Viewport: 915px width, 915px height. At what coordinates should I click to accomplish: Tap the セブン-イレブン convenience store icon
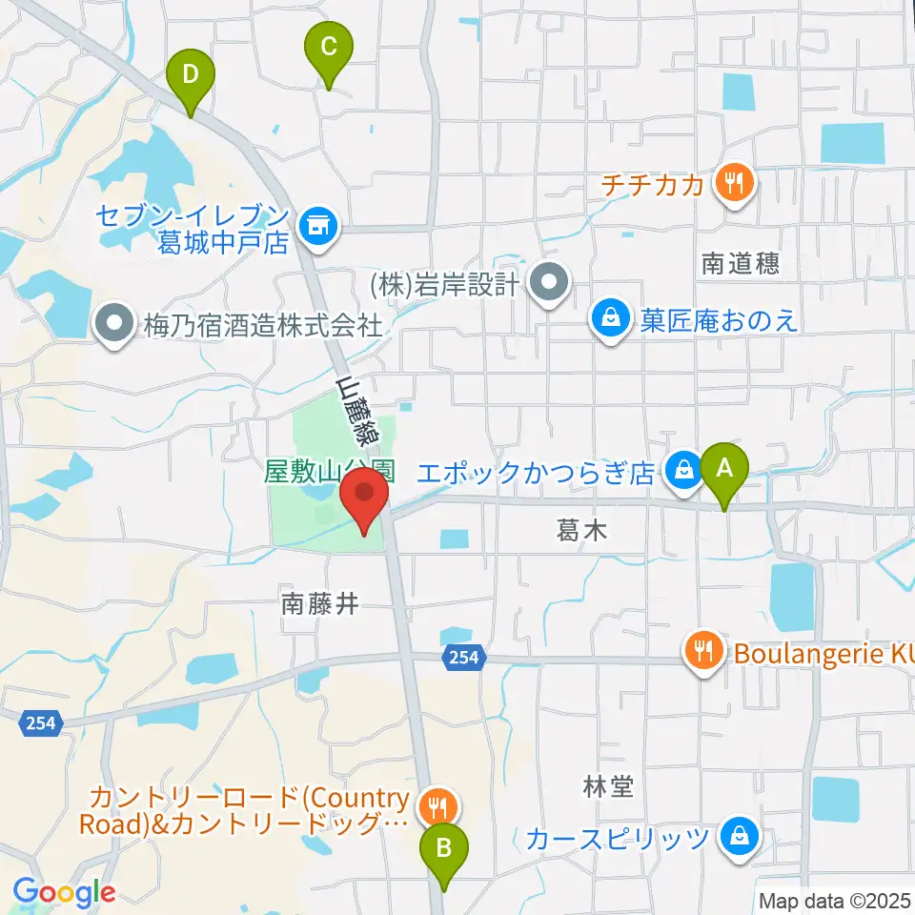coord(315,226)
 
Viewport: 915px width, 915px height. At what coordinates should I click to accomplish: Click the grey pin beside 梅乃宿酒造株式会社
coord(114,325)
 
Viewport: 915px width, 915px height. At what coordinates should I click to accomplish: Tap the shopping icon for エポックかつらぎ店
coord(683,469)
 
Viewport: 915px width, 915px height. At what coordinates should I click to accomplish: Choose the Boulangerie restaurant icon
coord(704,651)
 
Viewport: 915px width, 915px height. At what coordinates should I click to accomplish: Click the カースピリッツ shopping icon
coord(738,838)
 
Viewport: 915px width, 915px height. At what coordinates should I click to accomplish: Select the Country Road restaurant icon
coord(438,806)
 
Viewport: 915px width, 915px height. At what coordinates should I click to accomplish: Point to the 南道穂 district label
coord(740,264)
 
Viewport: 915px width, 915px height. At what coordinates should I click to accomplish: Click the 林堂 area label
coord(607,786)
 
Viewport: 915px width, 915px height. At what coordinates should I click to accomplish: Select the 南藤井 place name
coord(319,603)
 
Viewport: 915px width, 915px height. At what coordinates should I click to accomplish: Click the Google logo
coord(64,892)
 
